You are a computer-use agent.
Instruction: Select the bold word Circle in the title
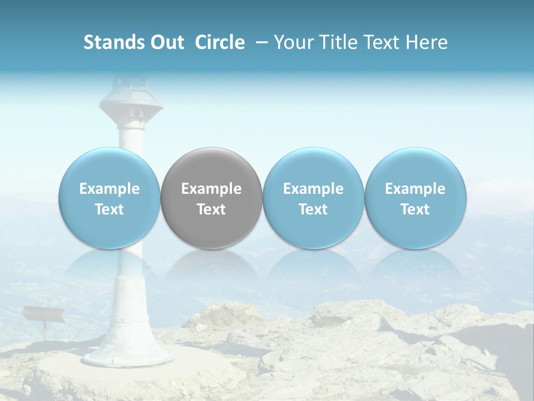click(220, 42)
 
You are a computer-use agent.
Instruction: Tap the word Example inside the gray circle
click(211, 189)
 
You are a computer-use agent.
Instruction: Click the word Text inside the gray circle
click(211, 209)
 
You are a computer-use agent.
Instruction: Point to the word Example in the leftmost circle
click(110, 189)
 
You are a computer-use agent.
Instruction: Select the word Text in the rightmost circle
click(416, 209)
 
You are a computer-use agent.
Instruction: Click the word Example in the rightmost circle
click(416, 189)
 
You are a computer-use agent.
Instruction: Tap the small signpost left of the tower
click(43, 315)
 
